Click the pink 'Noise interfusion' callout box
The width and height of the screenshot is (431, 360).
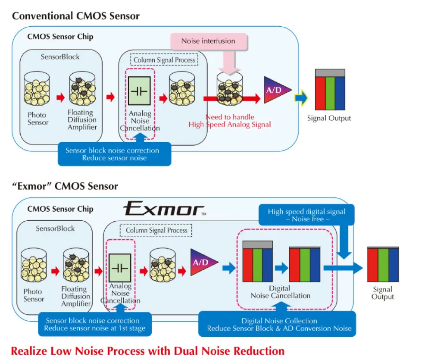tap(208, 41)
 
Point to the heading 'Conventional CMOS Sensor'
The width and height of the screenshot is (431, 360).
tap(76, 16)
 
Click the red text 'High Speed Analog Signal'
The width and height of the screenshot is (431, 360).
tap(230, 125)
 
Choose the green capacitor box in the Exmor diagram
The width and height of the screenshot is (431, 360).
tap(121, 268)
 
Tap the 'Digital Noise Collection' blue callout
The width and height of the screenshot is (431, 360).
tap(279, 324)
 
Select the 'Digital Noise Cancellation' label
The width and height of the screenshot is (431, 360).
tap(280, 292)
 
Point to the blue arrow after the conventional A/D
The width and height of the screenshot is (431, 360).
tap(301, 98)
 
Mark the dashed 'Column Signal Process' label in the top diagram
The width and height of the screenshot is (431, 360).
tap(164, 59)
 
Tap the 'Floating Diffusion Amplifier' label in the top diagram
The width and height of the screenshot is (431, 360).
tap(82, 120)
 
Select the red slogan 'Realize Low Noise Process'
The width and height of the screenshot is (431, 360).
tap(147, 351)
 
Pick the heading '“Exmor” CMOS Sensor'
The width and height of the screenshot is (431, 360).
tap(65, 186)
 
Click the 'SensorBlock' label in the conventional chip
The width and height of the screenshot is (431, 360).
tap(60, 56)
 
